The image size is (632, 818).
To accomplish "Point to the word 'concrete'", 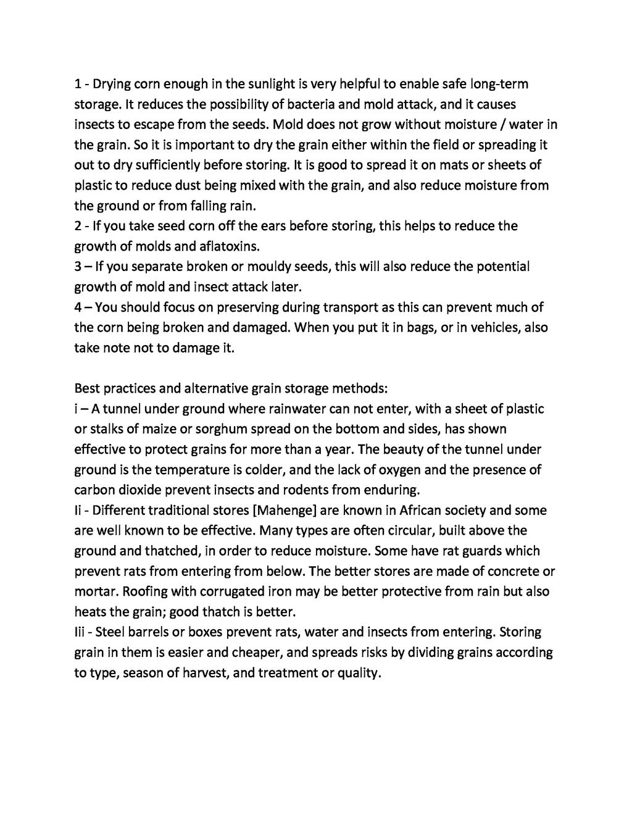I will pos(515,571).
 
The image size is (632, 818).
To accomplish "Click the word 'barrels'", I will pos(148,632).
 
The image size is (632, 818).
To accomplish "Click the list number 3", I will pos(78,267).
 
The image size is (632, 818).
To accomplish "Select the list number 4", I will pos(78,307).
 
